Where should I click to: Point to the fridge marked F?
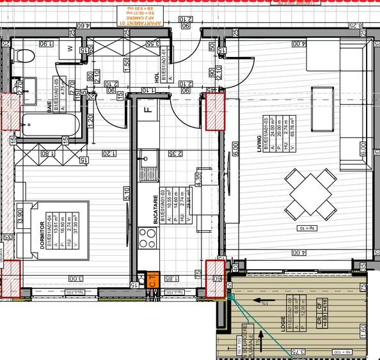coord(146,109)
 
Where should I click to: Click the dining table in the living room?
coord(308,192)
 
